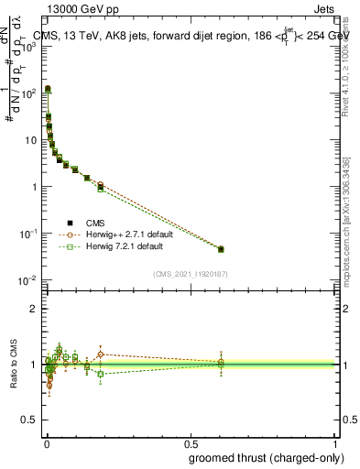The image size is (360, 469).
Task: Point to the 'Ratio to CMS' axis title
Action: (13, 364)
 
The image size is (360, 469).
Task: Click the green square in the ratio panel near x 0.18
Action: (101, 374)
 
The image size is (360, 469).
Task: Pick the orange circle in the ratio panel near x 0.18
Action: (101, 354)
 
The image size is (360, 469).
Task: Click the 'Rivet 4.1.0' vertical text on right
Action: (345, 73)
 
